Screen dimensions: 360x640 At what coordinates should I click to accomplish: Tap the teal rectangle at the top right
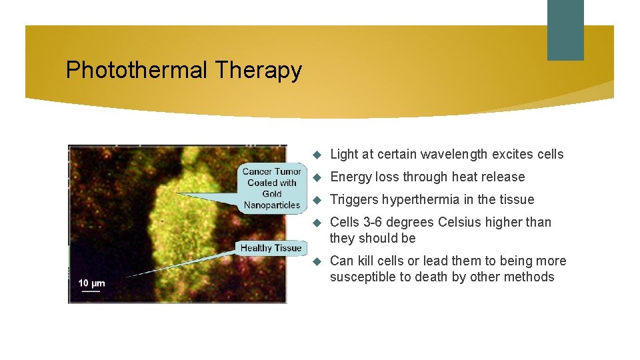tap(565, 30)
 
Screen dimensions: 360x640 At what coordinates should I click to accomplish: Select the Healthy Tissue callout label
tap(271, 248)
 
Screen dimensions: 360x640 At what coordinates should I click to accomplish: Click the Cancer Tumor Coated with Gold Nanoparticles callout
tap(272, 188)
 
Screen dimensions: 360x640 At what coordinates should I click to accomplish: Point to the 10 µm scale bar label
tap(91, 283)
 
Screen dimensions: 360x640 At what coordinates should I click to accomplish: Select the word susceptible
tap(363, 277)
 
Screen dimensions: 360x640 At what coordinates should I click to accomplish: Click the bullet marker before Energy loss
tap(317, 177)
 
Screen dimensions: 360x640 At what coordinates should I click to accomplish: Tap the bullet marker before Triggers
tap(317, 200)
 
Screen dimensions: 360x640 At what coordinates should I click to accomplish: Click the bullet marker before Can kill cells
tap(317, 261)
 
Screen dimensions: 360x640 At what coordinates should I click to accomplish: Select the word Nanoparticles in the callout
tap(272, 205)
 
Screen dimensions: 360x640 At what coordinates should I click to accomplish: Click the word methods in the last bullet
tap(530, 277)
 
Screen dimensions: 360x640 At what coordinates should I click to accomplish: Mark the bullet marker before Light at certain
tap(317, 155)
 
